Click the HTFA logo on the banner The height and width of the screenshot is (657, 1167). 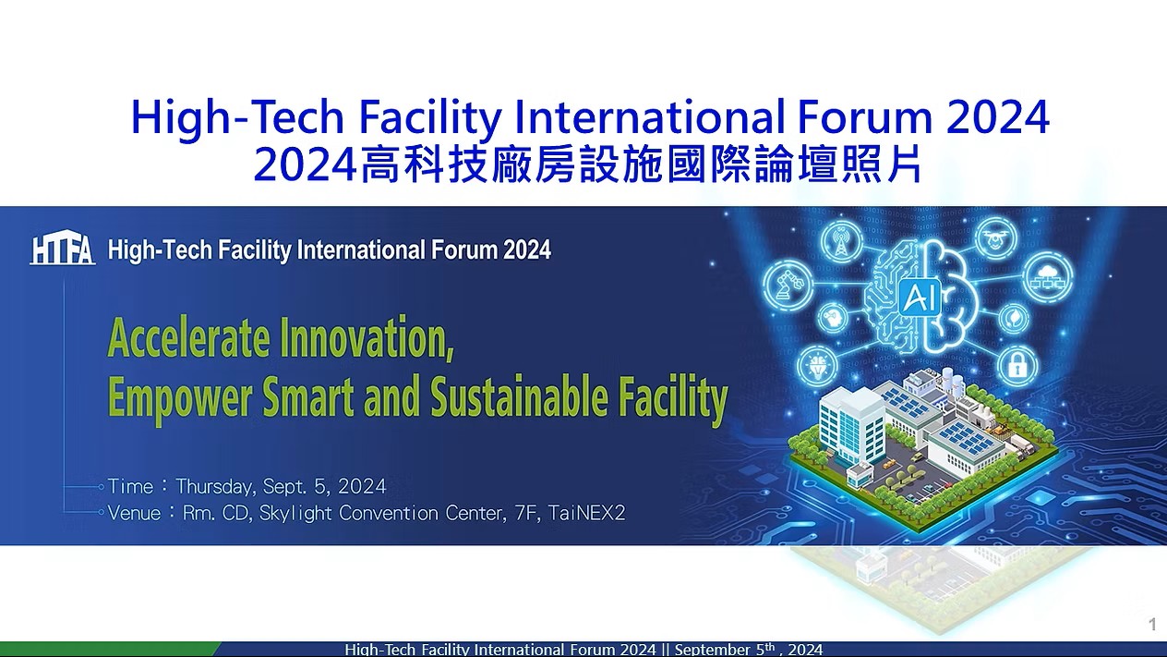point(63,249)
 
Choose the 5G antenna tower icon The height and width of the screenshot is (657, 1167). point(841,241)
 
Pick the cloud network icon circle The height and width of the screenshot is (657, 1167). point(1047,276)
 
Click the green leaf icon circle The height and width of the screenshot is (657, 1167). point(1013,319)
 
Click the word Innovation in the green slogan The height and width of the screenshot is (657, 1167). point(367,339)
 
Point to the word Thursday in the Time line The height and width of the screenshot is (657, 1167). point(215,486)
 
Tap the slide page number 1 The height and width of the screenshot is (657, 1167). point(1152,624)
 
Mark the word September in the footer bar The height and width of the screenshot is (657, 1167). point(713,650)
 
